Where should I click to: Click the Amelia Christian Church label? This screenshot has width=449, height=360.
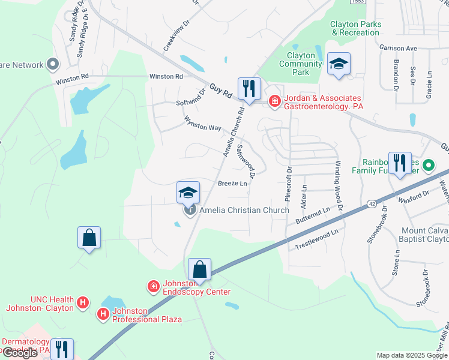pos(244,210)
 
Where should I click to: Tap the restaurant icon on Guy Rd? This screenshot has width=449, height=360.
pos(247,88)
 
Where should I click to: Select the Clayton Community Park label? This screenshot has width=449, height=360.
pos(301,64)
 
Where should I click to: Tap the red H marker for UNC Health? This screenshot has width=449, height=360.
pos(83,302)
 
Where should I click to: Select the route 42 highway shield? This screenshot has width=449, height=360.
pos(372,204)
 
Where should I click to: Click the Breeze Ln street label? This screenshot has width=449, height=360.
pos(232,184)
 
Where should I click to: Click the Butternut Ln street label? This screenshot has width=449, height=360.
pos(313,217)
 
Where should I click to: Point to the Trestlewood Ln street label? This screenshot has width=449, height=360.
pos(316,239)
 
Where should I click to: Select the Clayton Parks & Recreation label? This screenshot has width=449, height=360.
pos(355,28)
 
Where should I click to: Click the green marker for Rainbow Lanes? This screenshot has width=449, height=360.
pos(429,164)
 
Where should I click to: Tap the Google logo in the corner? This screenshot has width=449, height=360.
pos(20,353)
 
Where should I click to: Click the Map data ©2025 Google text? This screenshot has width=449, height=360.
pos(412,355)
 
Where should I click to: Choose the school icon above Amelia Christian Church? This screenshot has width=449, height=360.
pos(188,193)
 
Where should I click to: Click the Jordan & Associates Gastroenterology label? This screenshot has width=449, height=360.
pos(323,101)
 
